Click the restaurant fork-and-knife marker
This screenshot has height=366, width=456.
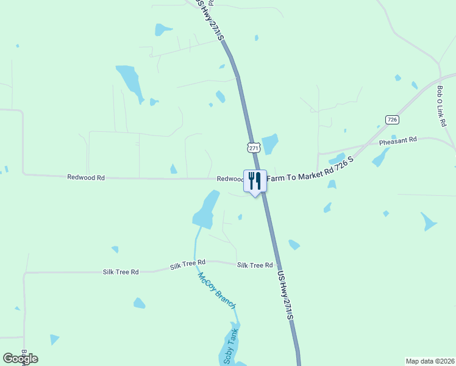pyautogui.click(x=255, y=181)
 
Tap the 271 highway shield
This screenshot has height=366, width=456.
pyautogui.click(x=254, y=147)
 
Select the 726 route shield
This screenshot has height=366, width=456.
pyautogui.click(x=391, y=120)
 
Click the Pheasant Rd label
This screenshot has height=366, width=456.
pyautogui.click(x=397, y=140)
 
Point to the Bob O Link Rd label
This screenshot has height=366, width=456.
pyautogui.click(x=441, y=106)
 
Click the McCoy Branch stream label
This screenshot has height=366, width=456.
pyautogui.click(x=216, y=290)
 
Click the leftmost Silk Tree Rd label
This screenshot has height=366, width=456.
pyautogui.click(x=121, y=271)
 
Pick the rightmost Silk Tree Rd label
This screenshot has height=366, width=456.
pyautogui.click(x=255, y=265)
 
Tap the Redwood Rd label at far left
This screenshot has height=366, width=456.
pyautogui.click(x=86, y=178)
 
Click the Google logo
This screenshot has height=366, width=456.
pyautogui.click(x=20, y=359)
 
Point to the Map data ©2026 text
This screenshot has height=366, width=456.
pyautogui.click(x=430, y=361)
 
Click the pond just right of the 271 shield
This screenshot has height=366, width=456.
pyautogui.click(x=270, y=143)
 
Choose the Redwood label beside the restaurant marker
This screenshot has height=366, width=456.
pyautogui.click(x=230, y=179)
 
